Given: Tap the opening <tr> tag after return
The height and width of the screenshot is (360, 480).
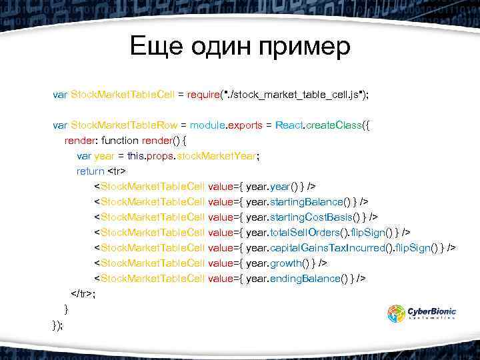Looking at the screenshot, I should pyautogui.click(x=117, y=171).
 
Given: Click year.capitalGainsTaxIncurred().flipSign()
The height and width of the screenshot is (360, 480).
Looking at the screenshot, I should pyautogui.click(x=345, y=247).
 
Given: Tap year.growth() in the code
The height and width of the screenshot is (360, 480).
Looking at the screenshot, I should pyautogui.click(x=279, y=263).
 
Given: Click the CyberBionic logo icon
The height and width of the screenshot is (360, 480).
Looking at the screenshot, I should pyautogui.click(x=397, y=313).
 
